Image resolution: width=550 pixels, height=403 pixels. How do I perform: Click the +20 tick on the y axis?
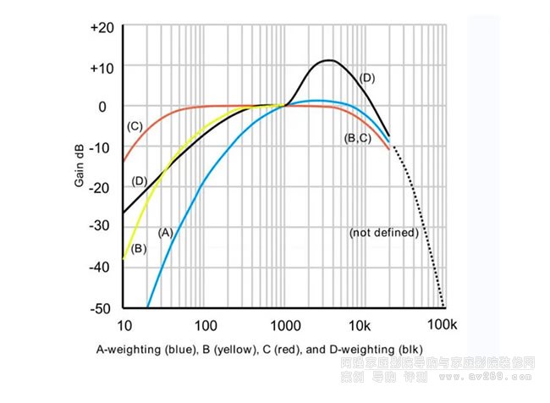[102, 27]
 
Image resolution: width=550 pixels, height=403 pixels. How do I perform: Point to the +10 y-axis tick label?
[102, 67]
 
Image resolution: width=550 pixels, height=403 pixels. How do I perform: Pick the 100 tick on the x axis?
[206, 324]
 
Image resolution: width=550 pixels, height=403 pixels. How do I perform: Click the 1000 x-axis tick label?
[286, 324]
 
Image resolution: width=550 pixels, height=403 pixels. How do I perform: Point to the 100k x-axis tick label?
[442, 324]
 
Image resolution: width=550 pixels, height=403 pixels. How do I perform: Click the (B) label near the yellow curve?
[140, 249]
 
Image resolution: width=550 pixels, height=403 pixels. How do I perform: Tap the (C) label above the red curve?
[134, 126]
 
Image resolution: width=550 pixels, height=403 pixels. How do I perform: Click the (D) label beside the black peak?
[366, 78]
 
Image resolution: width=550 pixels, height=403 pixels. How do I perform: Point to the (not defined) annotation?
[383, 232]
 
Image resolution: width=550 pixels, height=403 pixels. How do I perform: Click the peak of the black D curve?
[328, 60]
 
